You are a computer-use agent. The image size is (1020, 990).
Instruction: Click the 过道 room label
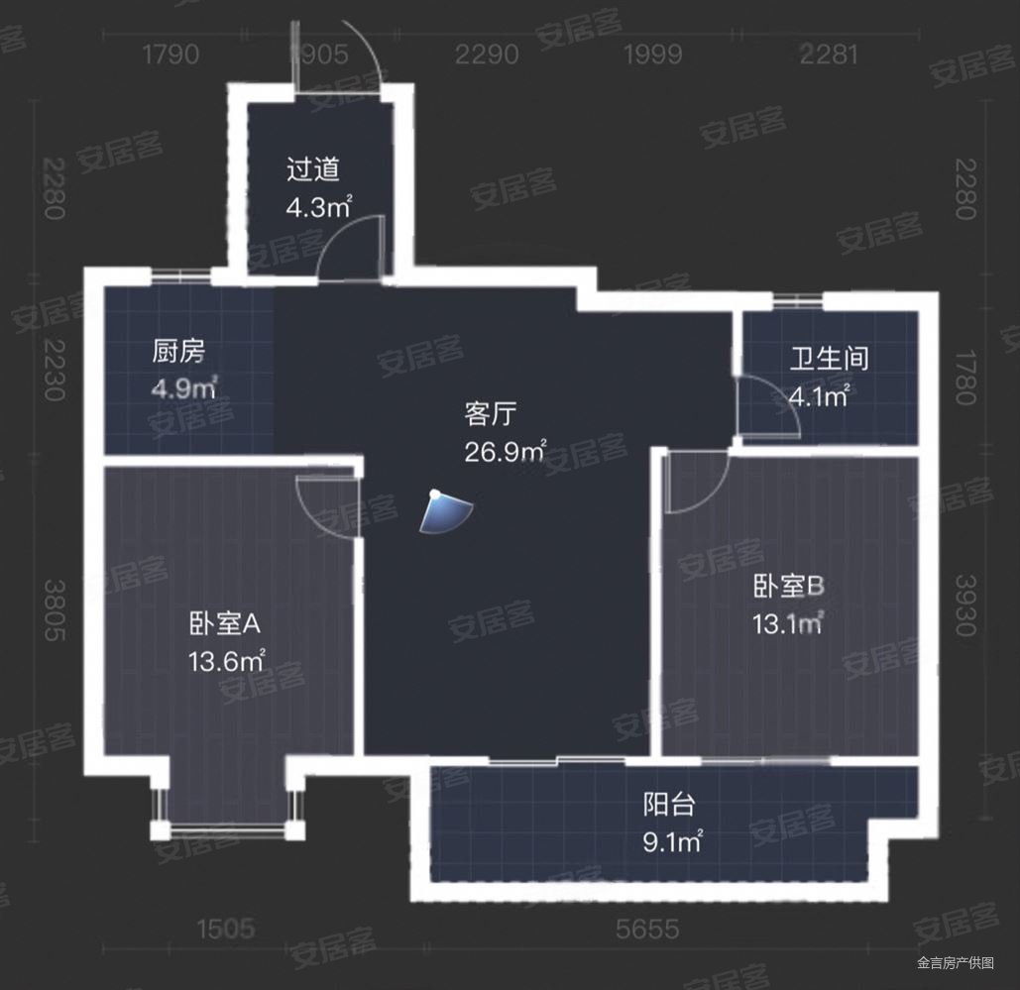(313, 169)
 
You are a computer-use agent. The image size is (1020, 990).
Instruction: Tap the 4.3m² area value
(319, 208)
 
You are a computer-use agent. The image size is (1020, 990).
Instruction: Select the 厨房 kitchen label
(178, 352)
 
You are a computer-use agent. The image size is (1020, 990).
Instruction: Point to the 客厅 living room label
(493, 413)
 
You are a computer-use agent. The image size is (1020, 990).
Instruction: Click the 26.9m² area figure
(506, 452)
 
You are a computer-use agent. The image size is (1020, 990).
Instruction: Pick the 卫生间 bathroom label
(829, 358)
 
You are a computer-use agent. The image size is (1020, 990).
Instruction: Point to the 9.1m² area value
(673, 842)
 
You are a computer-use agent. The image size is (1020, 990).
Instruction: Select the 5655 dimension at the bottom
(646, 930)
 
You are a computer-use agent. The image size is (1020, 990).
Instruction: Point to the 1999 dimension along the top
(653, 54)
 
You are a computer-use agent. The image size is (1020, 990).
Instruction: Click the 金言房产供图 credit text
(955, 962)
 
